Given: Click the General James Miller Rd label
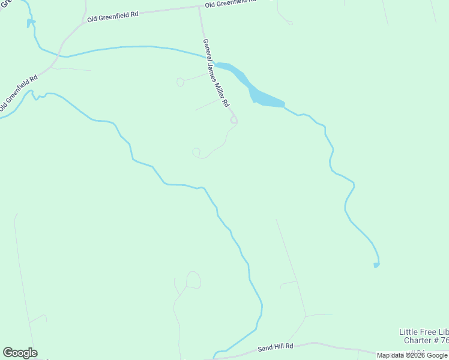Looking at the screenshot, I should pos(216,73).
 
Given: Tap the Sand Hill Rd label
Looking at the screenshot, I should pos(276,347).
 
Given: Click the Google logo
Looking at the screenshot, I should pos(20,353).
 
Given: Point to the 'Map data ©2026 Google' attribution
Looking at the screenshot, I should pos(412,355).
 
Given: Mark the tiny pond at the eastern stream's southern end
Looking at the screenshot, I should pos(376,265).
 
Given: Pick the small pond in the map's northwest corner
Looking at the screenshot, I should pos(30,23).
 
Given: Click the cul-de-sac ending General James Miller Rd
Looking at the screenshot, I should pos(234,121).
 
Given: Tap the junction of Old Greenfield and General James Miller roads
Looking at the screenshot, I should pos(199,7).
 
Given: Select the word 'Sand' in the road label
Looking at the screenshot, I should pos(265,348).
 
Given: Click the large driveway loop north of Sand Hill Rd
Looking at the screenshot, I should pos(193,279).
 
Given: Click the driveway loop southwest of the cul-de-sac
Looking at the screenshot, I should pos(196,152).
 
